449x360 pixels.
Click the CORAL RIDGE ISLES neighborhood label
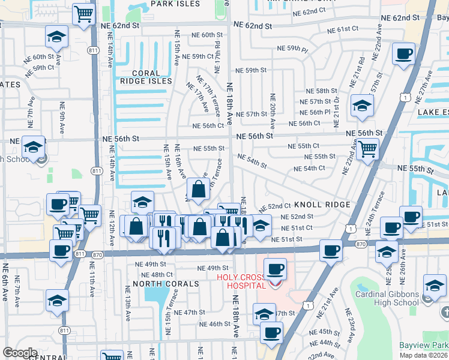pyautogui.click(x=146, y=76)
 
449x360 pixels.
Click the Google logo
pyautogui.click(x=20, y=352)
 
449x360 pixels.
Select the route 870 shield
pyautogui.click(x=361, y=244)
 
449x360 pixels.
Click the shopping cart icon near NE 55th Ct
pyautogui.click(x=367, y=148)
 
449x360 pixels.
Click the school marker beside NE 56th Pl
pyautogui.click(x=362, y=106)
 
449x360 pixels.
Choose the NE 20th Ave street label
pyautogui.click(x=273, y=112)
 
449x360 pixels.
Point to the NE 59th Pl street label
pyautogui.click(x=292, y=48)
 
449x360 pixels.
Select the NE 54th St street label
pyautogui.click(x=252, y=161)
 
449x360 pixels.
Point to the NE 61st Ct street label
pyautogui.click(x=343, y=29)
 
